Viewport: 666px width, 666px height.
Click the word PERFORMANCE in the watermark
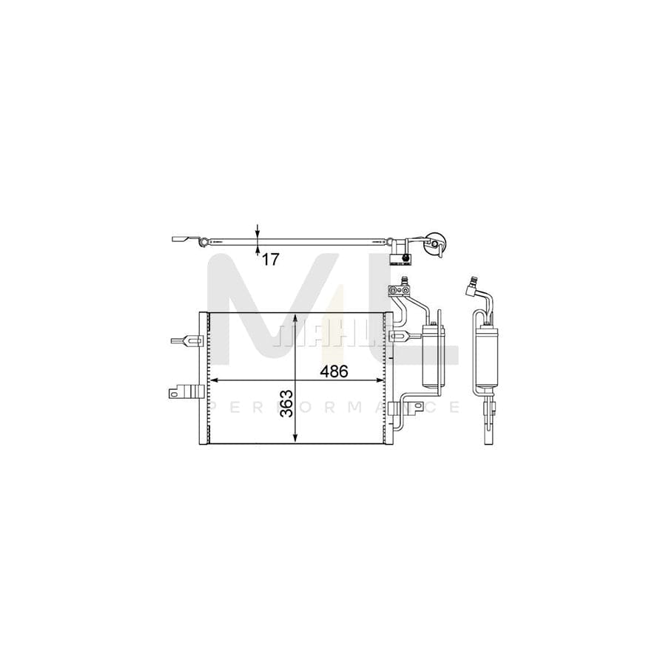point(333,407)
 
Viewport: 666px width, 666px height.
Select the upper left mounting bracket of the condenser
point(186,341)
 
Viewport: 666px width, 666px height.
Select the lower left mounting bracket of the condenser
point(186,393)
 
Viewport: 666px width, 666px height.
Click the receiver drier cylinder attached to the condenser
point(433,355)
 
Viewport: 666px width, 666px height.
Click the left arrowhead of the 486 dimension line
point(215,380)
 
